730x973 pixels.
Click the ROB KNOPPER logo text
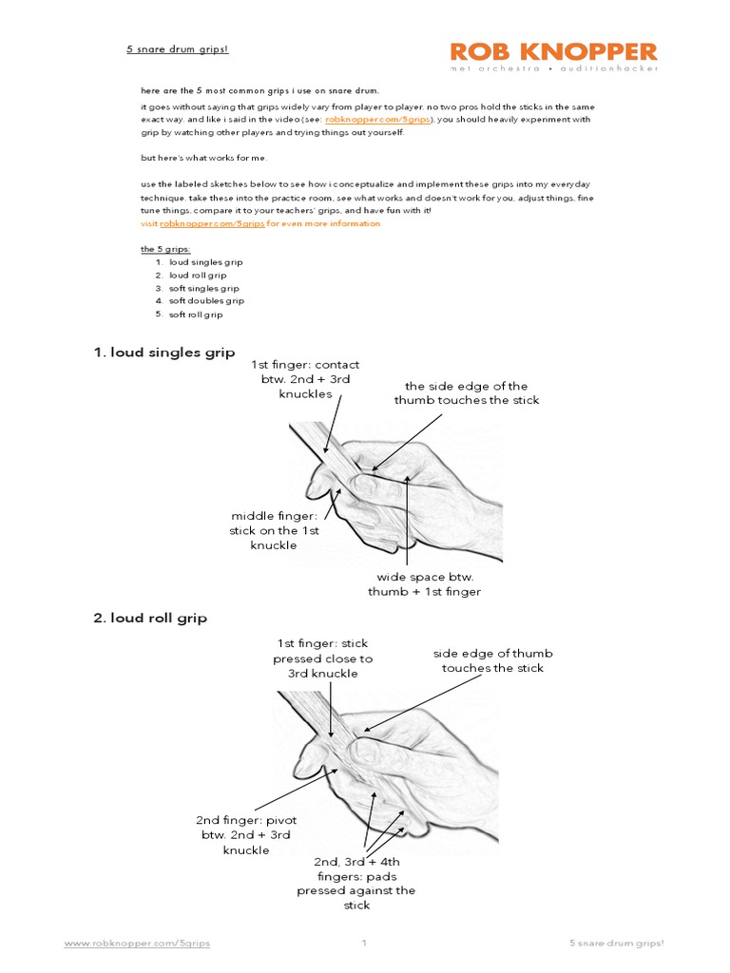553,51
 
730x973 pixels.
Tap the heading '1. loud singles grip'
163,353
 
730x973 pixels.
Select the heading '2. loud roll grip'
150,618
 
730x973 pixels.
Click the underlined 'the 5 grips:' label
165,249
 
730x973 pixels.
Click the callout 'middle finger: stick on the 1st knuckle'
274,530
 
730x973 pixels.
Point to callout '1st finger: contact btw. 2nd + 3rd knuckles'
305,379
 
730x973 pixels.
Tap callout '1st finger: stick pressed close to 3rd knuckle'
322,658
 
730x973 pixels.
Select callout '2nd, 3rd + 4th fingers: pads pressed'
355,884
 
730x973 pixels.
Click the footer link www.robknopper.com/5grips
137,944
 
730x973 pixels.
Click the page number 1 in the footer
364,944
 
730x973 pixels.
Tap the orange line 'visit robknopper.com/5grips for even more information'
260,223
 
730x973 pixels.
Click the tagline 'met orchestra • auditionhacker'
553,69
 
